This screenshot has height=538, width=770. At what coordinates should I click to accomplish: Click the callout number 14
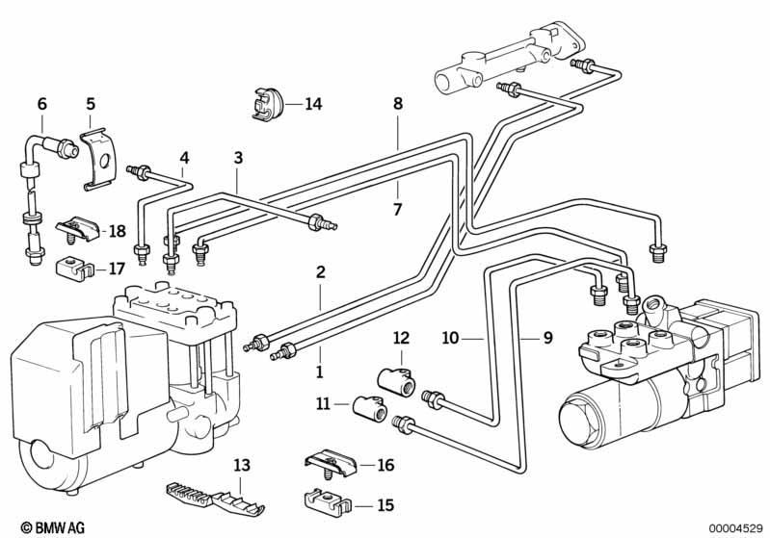pyautogui.click(x=313, y=104)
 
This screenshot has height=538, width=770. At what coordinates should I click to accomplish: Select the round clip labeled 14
pyautogui.click(x=268, y=104)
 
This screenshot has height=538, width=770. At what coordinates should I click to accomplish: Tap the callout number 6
pyautogui.click(x=42, y=104)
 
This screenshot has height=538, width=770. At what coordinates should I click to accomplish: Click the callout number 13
pyautogui.click(x=242, y=465)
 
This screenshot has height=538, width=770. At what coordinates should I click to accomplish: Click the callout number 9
pyautogui.click(x=548, y=338)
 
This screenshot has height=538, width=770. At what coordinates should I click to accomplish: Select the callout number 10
pyautogui.click(x=450, y=338)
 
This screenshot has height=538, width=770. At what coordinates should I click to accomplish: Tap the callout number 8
pyautogui.click(x=398, y=104)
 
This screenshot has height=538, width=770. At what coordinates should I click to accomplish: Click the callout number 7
pyautogui.click(x=397, y=210)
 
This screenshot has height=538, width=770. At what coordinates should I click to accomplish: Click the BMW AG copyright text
pyautogui.click(x=53, y=527)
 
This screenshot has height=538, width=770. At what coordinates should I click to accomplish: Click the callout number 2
pyautogui.click(x=321, y=272)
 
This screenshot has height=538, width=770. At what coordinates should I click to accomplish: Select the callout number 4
pyautogui.click(x=184, y=158)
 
